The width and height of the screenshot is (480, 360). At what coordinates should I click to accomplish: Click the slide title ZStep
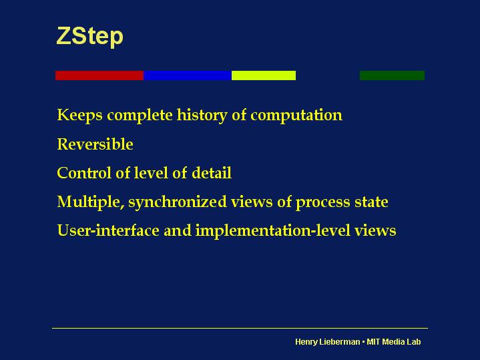coord(89,37)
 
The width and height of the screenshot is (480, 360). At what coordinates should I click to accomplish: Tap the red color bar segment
coord(99,75)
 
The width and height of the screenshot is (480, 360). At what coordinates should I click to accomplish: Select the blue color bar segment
coord(188,75)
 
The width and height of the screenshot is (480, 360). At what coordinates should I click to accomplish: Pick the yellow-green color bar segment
coord(264,75)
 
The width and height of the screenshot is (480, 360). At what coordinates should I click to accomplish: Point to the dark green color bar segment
coord(392,75)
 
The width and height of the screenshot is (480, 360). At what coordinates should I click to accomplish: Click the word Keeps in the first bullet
coord(80,116)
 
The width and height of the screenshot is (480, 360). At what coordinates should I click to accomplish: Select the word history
coord(202,116)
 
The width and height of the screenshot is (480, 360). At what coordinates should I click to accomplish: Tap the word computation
coord(296,116)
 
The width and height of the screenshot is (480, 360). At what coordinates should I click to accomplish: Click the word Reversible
coord(95,144)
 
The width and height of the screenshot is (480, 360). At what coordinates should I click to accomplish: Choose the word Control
coord(84,173)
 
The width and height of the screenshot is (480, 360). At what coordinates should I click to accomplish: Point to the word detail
coord(212,173)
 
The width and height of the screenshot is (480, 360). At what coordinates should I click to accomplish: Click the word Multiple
coord(91,202)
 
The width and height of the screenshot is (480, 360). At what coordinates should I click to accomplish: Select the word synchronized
coord(178,202)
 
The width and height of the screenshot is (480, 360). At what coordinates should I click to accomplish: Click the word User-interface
coord(108,230)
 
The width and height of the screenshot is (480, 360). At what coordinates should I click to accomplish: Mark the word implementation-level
coord(273,230)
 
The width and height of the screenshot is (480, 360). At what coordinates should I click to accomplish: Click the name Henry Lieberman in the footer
coord(328,341)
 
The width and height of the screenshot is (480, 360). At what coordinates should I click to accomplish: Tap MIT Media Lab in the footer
coord(394,341)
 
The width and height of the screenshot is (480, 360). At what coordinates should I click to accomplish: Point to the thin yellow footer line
coord(240,328)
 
